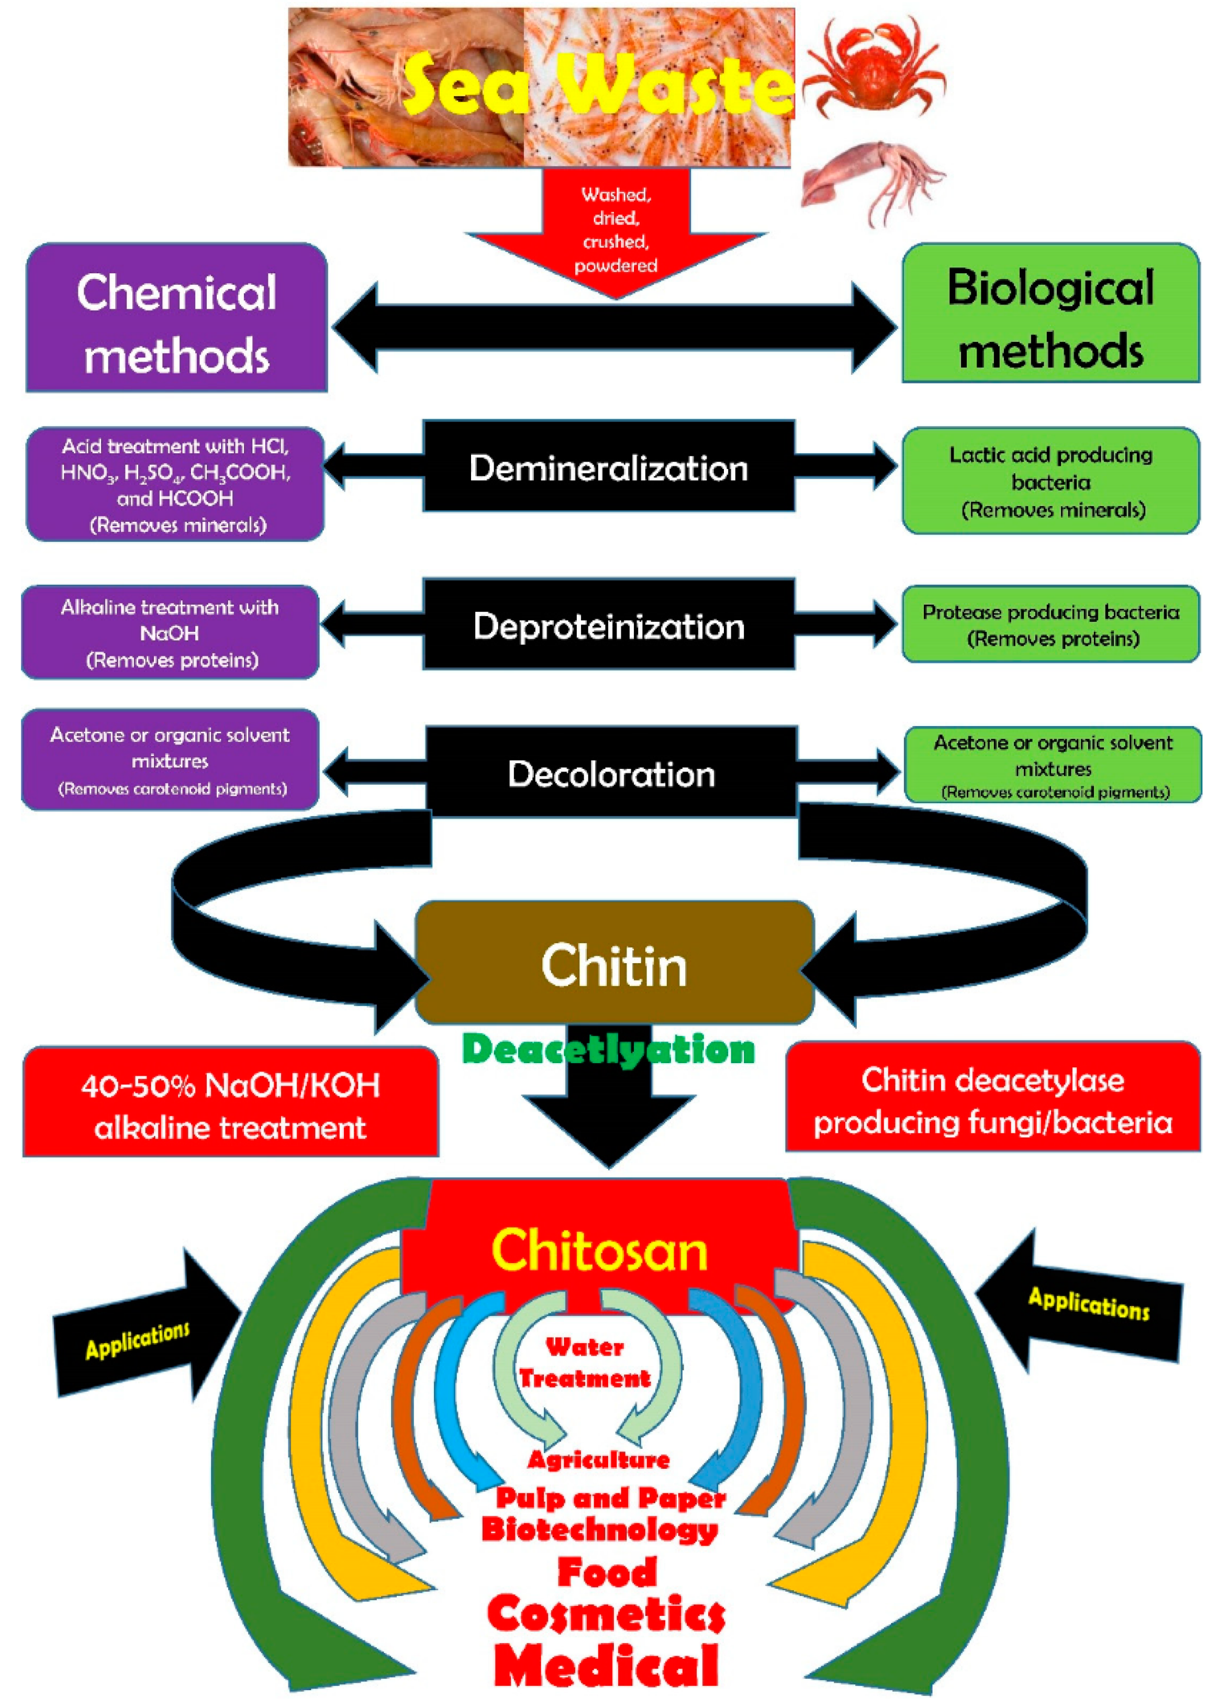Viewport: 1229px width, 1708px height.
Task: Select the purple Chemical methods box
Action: coord(177,317)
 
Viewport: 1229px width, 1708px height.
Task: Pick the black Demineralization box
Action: coord(608,467)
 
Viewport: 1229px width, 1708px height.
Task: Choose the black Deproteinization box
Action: coord(608,625)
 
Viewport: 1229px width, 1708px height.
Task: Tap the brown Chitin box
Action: coord(614,964)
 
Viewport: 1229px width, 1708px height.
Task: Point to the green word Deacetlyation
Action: coord(608,1049)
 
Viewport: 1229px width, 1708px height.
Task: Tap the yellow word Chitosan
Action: coord(599,1250)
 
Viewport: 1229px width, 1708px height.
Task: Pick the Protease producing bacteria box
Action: coord(1051,624)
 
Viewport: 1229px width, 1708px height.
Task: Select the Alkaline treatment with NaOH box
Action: coord(170,633)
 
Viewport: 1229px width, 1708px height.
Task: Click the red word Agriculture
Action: coord(599,1459)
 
